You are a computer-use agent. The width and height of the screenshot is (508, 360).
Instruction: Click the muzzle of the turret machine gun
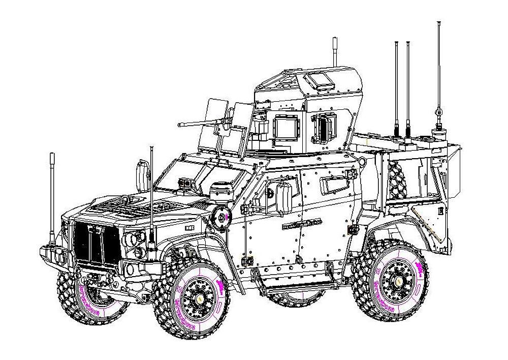[x=179, y=124]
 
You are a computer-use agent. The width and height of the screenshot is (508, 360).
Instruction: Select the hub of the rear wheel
[x=394, y=279]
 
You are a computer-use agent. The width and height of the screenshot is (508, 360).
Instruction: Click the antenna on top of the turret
[x=335, y=51]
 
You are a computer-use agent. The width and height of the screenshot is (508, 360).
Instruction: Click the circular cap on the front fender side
[x=221, y=217]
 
